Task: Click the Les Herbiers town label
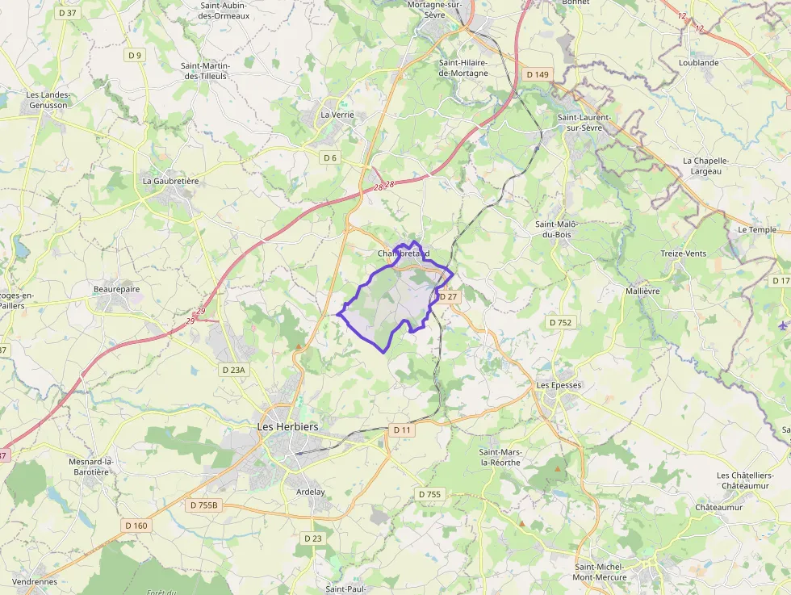[287, 426]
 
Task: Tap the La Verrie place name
[337, 115]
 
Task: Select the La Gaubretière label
[170, 181]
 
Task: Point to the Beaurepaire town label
[116, 288]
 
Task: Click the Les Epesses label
[559, 385]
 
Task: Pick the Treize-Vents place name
[683, 254]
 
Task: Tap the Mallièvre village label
[642, 291]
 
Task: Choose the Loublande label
[698, 62]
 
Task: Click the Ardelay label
[310, 492]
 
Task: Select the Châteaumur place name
[719, 507]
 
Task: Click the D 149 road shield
[537, 74]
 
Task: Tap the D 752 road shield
[560, 322]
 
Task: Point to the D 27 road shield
[447, 297]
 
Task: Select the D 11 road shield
[402, 430]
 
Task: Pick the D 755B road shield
[204, 505]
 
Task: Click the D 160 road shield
[136, 526]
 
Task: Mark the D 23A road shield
[233, 369]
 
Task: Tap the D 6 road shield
[330, 157]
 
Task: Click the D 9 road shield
[134, 55]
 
